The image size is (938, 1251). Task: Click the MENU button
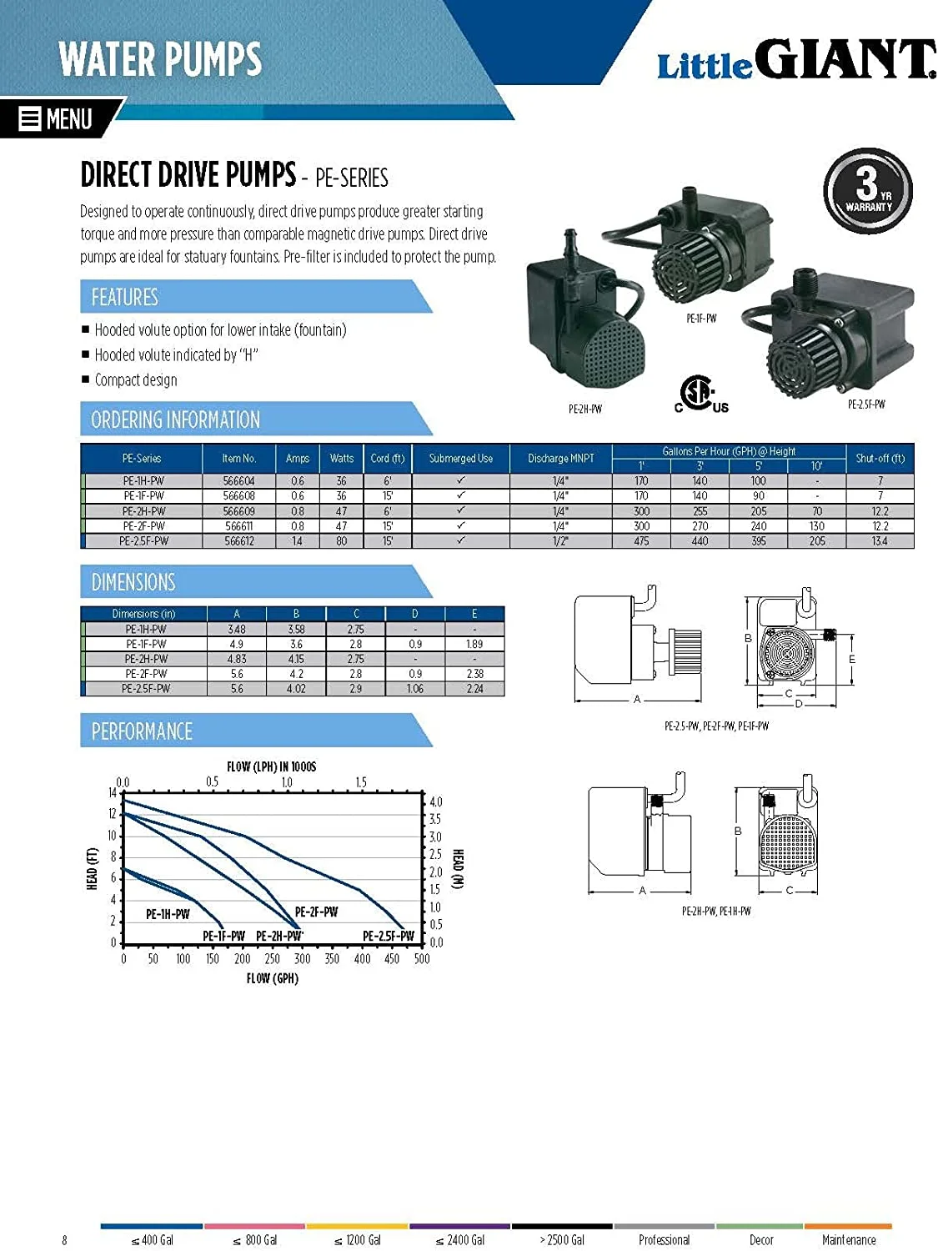[x=57, y=118]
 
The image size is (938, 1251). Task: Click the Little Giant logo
[x=795, y=61]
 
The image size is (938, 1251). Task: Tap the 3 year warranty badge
[x=868, y=191]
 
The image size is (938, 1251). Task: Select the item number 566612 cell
[x=238, y=541]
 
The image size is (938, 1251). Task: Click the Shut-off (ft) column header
[x=880, y=458]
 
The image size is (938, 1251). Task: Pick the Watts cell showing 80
[x=341, y=541]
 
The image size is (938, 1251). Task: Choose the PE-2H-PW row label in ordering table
[x=143, y=511]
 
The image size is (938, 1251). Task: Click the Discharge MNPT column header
[x=560, y=458]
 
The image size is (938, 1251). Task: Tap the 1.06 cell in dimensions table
[x=414, y=689]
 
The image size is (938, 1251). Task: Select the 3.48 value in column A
[x=237, y=629]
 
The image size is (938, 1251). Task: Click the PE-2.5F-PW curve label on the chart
[x=388, y=936]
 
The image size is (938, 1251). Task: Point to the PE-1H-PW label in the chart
[x=168, y=914]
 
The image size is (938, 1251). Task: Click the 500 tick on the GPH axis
[x=422, y=959]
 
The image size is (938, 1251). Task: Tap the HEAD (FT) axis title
[x=93, y=868]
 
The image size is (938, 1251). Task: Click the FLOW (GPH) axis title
[x=272, y=978]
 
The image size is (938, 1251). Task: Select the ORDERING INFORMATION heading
[x=175, y=420]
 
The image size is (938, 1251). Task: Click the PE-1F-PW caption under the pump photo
[x=701, y=319]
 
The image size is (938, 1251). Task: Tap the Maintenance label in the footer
[x=848, y=1240]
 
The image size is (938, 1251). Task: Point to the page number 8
[x=64, y=1240]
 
